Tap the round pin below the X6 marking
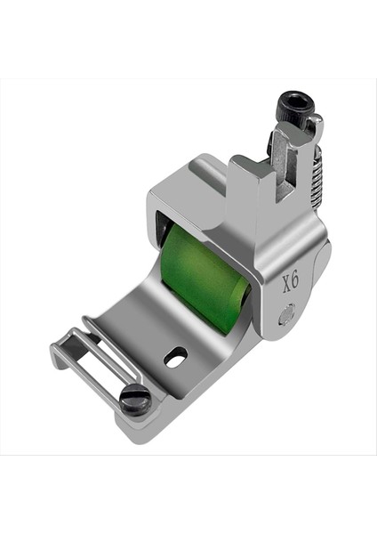[x=285, y=312]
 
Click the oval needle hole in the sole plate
[x=176, y=354]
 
